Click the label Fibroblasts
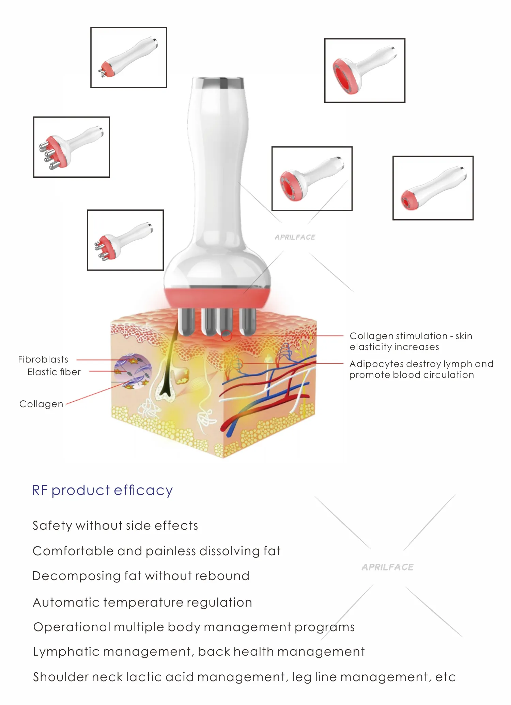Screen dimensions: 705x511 pos(43,359)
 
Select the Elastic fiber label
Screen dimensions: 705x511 pos(54,372)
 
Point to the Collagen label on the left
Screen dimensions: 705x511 pos(41,404)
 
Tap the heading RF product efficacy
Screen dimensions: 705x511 pos(102,490)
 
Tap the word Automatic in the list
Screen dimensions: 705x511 pos(66,603)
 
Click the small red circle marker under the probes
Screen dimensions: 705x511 pos(227,336)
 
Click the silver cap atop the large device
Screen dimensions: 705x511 pos(218,82)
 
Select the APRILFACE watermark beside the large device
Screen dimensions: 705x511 pos(295,237)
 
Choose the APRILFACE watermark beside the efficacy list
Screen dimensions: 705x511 pos(388,567)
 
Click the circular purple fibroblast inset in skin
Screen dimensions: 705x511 pos(133,371)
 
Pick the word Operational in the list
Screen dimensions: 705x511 pos(72,627)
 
